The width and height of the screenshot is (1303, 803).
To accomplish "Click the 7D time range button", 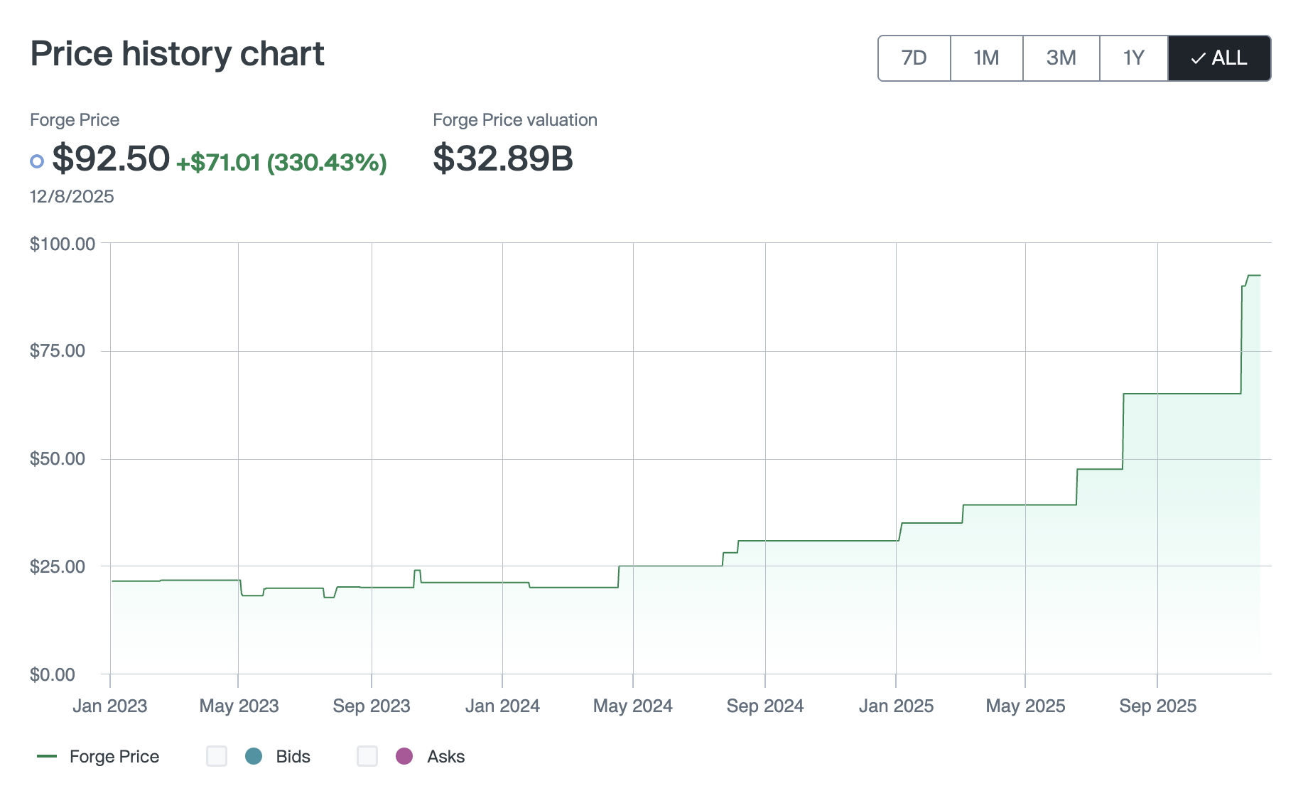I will click(914, 58).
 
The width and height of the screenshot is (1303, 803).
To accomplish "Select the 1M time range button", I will click(986, 58).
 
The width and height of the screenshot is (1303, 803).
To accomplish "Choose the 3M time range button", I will click(1061, 58).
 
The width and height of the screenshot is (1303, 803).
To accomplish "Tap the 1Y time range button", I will click(1133, 58).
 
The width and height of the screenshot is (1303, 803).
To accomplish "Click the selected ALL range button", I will click(1219, 58).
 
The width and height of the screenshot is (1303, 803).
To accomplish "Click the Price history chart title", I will click(177, 54).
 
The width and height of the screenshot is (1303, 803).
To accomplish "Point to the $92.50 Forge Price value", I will click(111, 158).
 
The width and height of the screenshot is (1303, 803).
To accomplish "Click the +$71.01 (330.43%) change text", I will click(281, 163).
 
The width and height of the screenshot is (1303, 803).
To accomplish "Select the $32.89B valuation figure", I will click(502, 158).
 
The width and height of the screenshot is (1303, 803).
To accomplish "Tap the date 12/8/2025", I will click(72, 197).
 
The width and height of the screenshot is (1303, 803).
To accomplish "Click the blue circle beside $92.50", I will click(37, 161).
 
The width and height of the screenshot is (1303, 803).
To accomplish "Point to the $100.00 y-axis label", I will click(63, 244).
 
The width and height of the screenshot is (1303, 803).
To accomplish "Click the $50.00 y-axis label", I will click(58, 459).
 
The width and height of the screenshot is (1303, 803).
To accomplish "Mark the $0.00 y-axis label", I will click(53, 674).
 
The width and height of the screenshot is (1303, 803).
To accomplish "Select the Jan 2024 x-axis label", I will click(502, 706).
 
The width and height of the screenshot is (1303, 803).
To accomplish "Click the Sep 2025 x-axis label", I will click(1157, 706).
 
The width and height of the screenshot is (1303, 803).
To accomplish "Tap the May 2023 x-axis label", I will click(239, 706).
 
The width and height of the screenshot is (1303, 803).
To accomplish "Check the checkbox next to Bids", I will click(217, 756).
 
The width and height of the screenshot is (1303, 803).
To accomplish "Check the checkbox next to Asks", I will click(367, 756).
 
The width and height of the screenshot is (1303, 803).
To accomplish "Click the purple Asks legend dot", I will click(404, 756).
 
